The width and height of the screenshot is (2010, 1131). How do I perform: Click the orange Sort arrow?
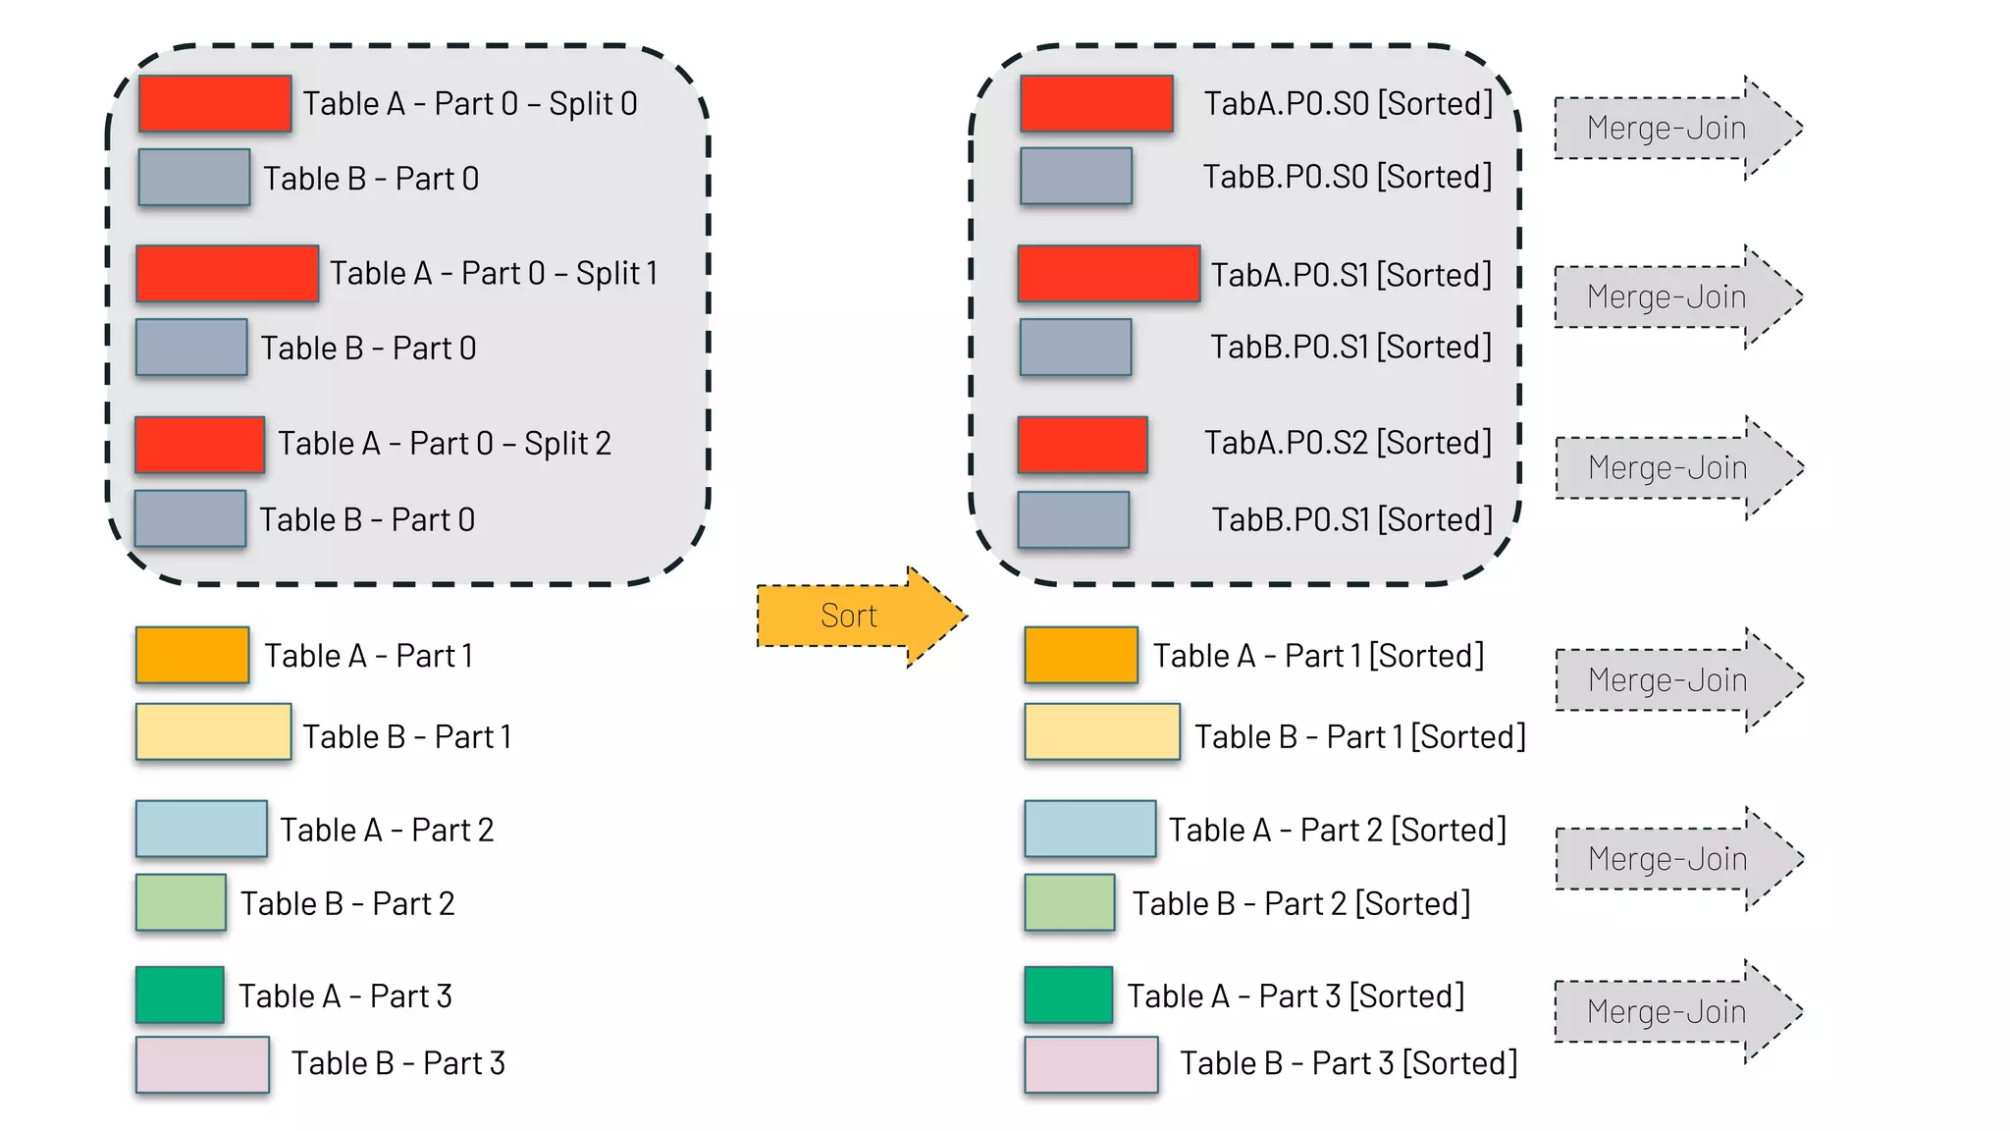tap(850, 616)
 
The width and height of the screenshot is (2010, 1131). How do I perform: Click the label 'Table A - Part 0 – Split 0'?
tap(469, 103)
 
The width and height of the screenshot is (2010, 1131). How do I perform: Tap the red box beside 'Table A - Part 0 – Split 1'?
tap(227, 273)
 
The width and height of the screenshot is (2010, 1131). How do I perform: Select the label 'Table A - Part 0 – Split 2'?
tap(444, 443)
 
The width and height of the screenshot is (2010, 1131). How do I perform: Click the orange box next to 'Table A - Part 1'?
tap(192, 655)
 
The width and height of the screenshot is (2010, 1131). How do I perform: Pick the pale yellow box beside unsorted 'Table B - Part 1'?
tap(213, 731)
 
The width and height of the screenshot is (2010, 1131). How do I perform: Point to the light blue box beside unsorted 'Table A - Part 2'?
tap(201, 829)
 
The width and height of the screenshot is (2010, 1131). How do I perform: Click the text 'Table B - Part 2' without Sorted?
tap(347, 903)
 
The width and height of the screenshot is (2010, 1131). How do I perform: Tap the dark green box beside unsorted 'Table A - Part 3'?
tap(180, 995)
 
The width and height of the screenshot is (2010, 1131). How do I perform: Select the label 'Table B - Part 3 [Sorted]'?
tap(1348, 1062)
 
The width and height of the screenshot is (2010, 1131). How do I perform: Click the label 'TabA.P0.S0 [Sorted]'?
tap(1348, 103)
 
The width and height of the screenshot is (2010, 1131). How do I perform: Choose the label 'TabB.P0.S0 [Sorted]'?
tap(1347, 177)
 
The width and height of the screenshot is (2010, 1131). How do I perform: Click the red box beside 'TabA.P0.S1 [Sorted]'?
tap(1109, 273)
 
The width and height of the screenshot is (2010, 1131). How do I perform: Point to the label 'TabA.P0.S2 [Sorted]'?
tap(1348, 443)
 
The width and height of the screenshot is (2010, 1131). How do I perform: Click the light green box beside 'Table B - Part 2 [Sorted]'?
tap(1069, 902)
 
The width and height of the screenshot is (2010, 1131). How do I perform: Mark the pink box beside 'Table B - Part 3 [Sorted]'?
tap(1090, 1064)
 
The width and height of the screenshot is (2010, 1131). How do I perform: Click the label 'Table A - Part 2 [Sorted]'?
tap(1337, 830)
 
